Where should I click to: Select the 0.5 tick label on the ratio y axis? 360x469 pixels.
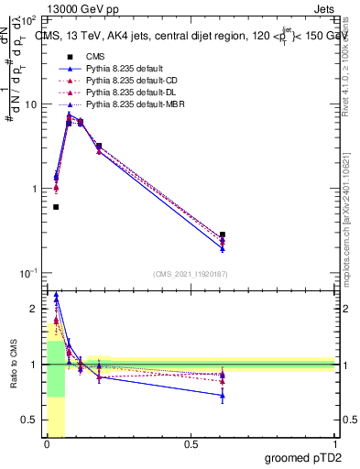click(32, 420)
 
